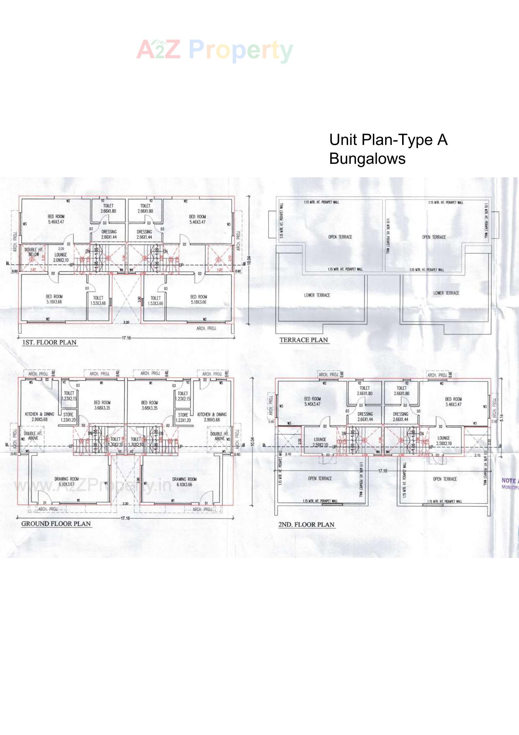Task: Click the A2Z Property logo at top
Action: click(x=215, y=51)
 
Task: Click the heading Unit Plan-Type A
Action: click(x=388, y=140)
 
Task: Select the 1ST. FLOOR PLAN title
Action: click(x=49, y=343)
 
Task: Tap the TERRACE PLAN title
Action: click(x=303, y=340)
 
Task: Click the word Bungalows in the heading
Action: click(x=367, y=158)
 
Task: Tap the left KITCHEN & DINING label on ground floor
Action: click(x=39, y=417)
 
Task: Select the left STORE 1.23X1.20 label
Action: click(x=68, y=417)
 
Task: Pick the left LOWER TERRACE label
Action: click(x=317, y=295)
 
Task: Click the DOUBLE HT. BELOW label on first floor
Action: click(x=34, y=252)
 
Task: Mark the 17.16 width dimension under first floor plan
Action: click(x=126, y=338)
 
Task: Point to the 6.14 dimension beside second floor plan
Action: click(x=501, y=418)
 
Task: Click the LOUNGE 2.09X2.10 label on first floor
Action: click(x=60, y=257)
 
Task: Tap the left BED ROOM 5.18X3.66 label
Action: click(x=54, y=299)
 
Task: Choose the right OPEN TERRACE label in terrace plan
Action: click(x=434, y=237)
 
